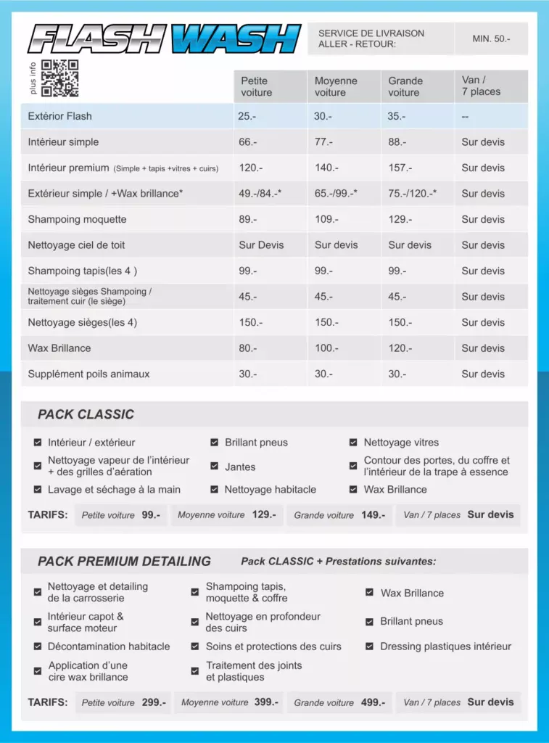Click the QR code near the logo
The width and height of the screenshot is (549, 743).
coord(59,78)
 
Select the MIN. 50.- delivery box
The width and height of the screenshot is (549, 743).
coord(491,38)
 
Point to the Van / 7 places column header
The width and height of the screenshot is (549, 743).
coord(481,86)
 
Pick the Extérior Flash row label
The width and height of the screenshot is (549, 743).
coord(60,116)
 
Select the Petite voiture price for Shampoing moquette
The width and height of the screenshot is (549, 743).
coord(248,219)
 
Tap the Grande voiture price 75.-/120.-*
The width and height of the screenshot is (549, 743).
coord(412,194)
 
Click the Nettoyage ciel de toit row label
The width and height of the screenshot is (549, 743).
coord(76,245)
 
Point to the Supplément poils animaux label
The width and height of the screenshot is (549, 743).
coord(88,374)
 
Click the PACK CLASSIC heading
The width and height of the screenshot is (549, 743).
coord(86,414)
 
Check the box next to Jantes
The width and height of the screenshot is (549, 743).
coord(215,467)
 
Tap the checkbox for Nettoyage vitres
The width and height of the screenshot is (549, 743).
coord(353,443)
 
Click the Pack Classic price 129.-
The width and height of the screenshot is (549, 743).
coord(264,514)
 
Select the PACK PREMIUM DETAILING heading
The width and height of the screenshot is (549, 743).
coord(124,561)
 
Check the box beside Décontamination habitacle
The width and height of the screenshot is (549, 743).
coord(38,646)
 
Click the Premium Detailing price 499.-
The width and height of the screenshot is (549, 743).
coord(373,702)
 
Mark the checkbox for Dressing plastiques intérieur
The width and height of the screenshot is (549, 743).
coord(370,646)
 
